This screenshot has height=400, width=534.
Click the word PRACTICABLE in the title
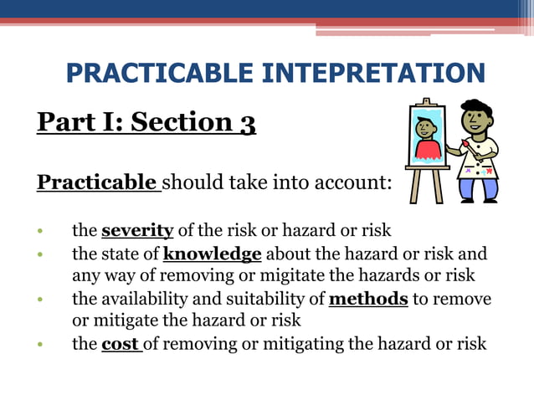tap(160, 73)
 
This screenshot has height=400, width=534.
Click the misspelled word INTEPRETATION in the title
tap(373, 73)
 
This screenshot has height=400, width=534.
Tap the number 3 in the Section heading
tap(248, 123)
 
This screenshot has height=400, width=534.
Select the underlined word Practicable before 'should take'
tap(97, 182)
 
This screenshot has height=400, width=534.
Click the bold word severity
tap(137, 230)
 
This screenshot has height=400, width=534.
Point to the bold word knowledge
tap(213, 254)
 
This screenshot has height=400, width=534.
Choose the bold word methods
tap(368, 299)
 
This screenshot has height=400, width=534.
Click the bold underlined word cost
tap(120, 344)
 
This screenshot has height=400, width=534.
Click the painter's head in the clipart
tap(476, 118)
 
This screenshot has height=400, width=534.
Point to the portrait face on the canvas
tap(425, 131)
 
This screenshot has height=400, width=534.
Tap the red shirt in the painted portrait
tap(427, 149)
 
